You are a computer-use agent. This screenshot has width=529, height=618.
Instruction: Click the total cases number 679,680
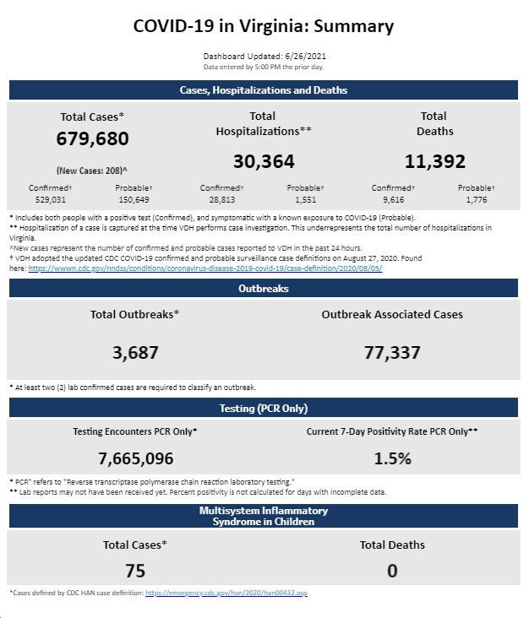click(92, 138)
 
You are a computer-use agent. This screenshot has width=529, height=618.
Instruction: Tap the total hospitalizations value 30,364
click(264, 161)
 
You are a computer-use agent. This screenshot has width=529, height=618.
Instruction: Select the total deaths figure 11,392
click(435, 161)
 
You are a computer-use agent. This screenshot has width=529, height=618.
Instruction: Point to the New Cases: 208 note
click(91, 171)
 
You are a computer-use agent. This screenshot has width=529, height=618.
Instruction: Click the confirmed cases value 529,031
click(51, 200)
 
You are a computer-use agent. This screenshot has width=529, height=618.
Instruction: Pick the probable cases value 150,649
click(134, 200)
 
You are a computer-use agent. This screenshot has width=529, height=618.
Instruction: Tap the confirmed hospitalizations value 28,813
click(222, 200)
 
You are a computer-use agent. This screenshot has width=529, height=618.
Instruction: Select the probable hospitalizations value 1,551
click(306, 200)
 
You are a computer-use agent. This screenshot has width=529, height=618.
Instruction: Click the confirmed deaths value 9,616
click(393, 200)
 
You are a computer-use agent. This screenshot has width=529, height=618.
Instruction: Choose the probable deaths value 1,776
click(477, 200)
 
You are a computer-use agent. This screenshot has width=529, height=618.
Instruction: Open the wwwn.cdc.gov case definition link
click(205, 268)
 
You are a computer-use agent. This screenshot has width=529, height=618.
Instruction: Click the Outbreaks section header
click(264, 288)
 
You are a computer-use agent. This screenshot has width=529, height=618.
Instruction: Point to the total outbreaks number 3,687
click(135, 353)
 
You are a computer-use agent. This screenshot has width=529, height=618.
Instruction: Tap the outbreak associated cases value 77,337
click(392, 353)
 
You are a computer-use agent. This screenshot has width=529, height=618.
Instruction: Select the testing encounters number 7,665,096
click(136, 458)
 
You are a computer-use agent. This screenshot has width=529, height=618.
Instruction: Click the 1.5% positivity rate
click(392, 458)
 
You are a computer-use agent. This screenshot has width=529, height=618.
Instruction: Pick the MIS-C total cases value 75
click(135, 571)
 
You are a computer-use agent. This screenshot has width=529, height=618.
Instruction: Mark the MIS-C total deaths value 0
click(392, 571)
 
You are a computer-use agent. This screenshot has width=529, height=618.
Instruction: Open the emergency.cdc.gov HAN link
click(226, 593)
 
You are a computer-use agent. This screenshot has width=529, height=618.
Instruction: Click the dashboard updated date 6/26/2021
click(305, 56)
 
